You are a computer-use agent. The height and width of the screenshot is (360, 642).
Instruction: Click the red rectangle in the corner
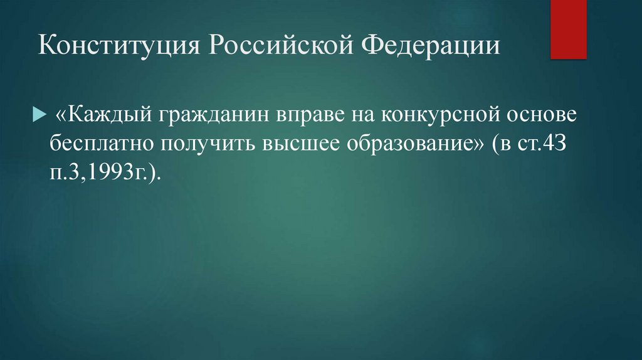pyautogui.click(x=569, y=29)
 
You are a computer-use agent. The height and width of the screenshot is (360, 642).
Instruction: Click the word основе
pyautogui.click(x=535, y=116)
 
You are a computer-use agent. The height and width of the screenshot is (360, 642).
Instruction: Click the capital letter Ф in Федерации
pyautogui.click(x=372, y=47)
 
